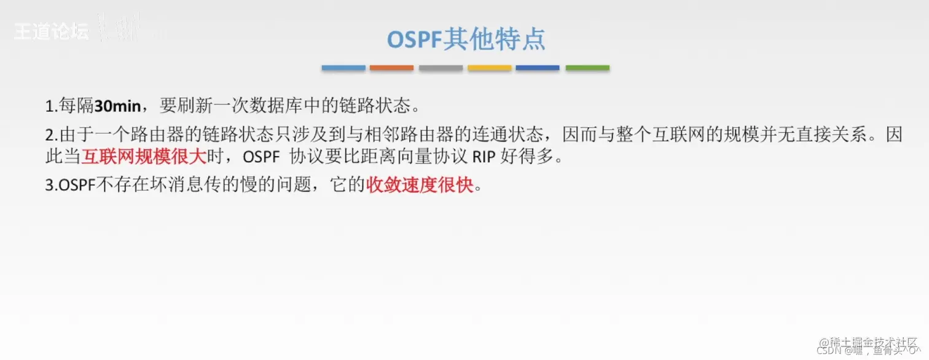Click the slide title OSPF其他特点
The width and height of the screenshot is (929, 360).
[465, 40]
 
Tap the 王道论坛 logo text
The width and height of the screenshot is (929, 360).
[52, 32]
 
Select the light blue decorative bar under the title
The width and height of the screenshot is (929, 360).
[343, 68]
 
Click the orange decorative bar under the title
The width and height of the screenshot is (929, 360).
[391, 68]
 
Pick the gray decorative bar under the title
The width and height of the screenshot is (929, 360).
[441, 68]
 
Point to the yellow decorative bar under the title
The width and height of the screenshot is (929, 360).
[489, 68]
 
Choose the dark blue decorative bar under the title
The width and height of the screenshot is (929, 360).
[538, 68]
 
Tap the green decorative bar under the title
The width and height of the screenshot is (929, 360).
[587, 68]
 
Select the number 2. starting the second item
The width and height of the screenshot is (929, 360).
[51, 135]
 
